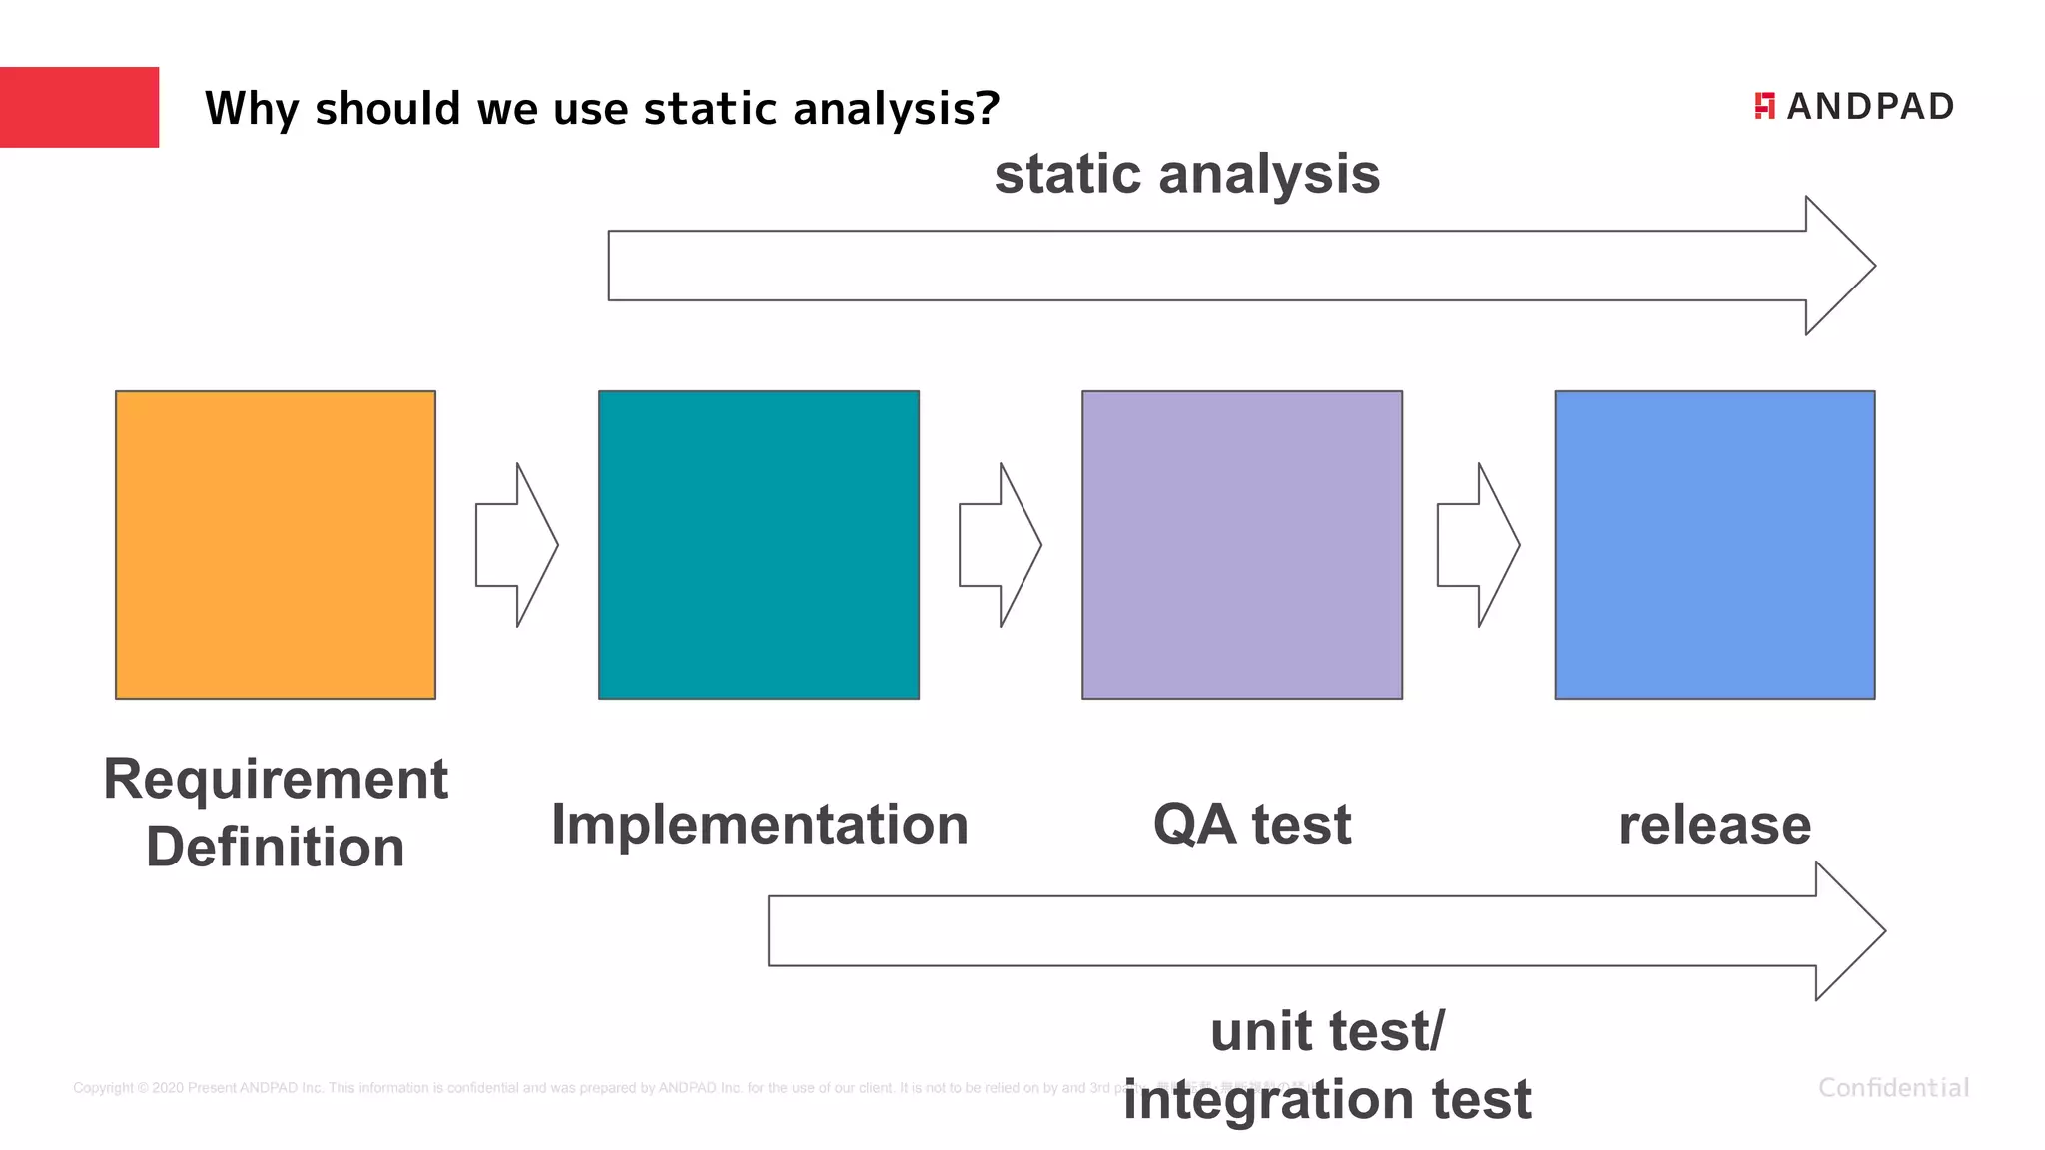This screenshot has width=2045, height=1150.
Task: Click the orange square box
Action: point(276,544)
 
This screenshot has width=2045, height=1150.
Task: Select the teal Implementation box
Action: point(759,544)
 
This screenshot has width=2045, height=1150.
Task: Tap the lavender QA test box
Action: point(1242,544)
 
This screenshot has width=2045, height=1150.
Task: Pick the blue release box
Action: point(1714,544)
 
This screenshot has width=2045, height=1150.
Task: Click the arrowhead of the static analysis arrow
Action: point(1837,266)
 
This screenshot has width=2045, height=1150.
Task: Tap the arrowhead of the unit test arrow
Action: point(1847,930)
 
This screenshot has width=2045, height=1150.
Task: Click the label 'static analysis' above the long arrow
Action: point(1187,174)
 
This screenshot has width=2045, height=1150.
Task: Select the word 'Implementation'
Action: point(760,825)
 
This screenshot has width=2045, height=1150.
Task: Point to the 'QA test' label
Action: point(1252,825)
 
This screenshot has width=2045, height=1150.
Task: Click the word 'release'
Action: point(1714,825)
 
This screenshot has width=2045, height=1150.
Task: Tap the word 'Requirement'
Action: point(276,779)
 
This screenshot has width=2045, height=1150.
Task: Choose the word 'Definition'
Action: point(276,847)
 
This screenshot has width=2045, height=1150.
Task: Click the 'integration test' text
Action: point(1327,1099)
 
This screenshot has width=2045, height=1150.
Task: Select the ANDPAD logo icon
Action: point(1764,106)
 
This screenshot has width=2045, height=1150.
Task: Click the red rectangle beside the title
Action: point(79,107)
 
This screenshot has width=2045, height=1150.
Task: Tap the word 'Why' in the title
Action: point(250,108)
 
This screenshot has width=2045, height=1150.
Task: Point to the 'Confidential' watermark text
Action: point(1893,1087)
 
